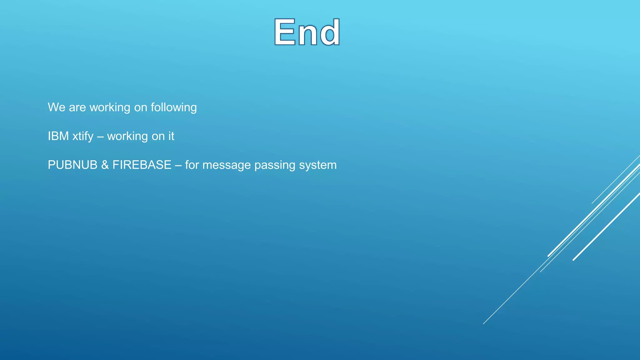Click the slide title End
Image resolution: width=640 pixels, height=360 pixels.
pos(307,32)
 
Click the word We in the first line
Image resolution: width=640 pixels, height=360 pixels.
pos(57,107)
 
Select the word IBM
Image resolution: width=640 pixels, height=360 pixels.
pos(58,136)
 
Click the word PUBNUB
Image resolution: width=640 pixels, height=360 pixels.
pos(72,165)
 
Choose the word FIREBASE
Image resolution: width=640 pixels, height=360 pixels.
pos(142,165)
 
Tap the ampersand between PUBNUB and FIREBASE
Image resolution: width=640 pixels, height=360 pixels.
pos(105,165)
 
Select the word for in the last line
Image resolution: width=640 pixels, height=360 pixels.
pos(192,165)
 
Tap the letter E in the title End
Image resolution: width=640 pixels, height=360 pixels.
pos(285,32)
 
